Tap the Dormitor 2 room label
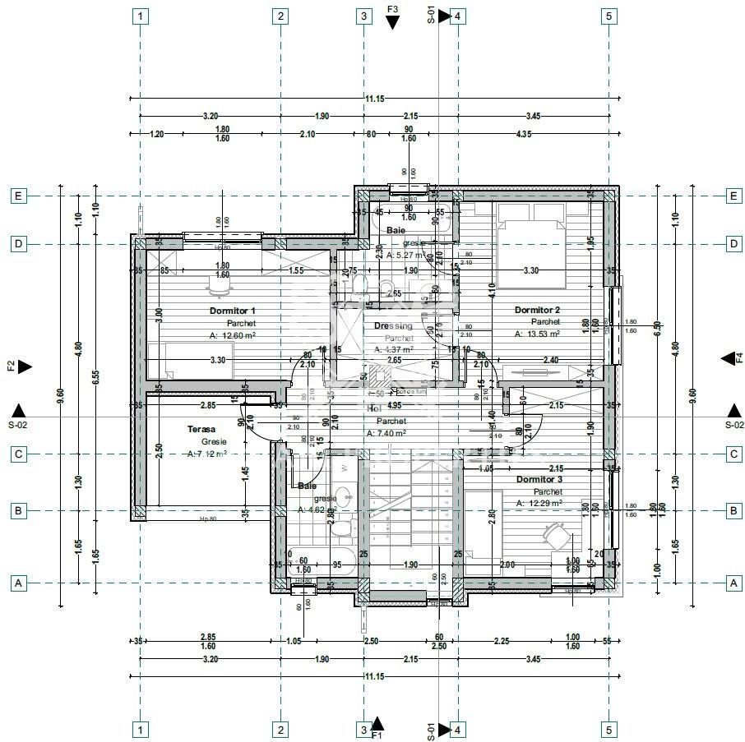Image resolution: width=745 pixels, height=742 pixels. [x=537, y=310]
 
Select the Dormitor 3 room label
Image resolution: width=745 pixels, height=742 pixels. [x=539, y=479]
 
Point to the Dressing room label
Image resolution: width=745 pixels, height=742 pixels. [x=392, y=326]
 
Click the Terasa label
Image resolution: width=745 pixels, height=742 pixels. [x=201, y=429]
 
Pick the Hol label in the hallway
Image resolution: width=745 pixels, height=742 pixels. [x=374, y=408]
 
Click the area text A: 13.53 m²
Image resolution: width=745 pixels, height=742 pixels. [x=537, y=334]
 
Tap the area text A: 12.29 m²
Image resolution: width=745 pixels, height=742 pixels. [x=539, y=503]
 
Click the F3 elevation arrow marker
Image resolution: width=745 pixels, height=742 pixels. [x=392, y=22]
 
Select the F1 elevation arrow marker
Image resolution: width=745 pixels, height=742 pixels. [x=377, y=723]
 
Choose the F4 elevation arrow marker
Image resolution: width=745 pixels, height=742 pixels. [x=728, y=358]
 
